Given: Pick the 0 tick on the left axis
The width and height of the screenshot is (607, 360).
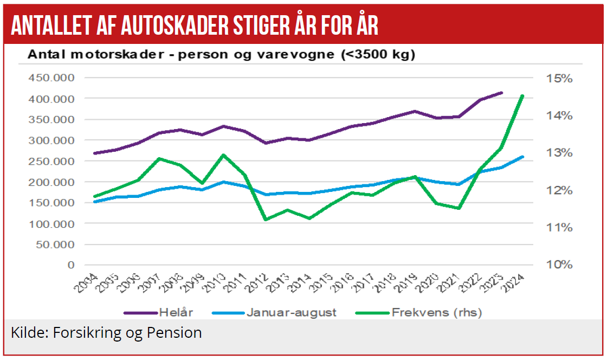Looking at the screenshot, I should pos(70,265).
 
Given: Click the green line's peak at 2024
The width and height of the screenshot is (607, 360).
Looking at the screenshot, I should pos(522,96).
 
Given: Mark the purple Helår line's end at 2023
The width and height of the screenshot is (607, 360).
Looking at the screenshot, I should pos(501,93).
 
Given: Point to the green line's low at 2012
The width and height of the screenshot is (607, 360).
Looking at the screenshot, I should pos(266,220).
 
